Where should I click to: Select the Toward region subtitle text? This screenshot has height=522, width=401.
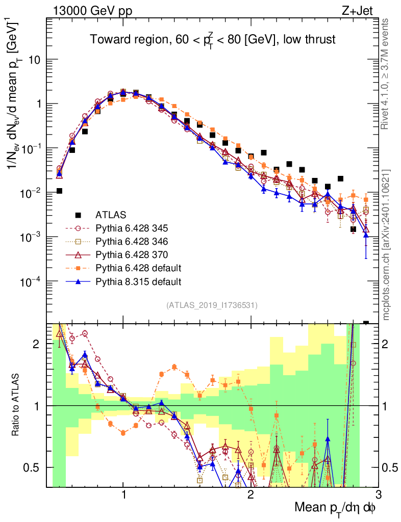(x=212, y=40)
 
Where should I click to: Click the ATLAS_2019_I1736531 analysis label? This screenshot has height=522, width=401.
(x=211, y=305)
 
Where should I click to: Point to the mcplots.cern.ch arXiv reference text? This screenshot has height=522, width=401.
(x=386, y=245)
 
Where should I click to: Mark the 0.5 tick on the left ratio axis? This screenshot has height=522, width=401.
(x=34, y=467)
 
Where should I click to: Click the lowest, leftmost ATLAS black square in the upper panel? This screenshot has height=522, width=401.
(x=60, y=191)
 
